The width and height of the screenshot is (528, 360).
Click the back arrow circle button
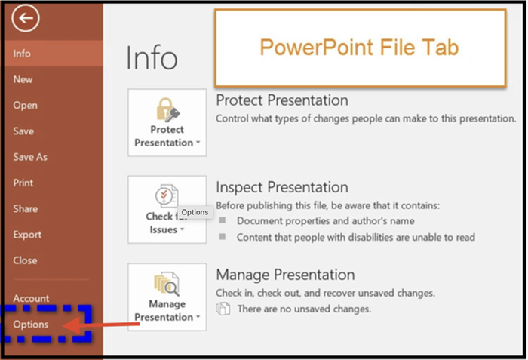(x=26, y=18)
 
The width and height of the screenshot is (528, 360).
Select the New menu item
(x=23, y=79)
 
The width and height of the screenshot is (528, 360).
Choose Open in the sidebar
(x=25, y=106)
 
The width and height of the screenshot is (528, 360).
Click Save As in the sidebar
(x=30, y=157)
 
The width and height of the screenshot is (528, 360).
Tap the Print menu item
(x=23, y=183)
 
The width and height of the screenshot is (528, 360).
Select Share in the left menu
(x=26, y=208)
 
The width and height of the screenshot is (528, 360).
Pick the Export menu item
(x=27, y=235)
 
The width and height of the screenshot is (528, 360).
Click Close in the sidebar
(x=25, y=260)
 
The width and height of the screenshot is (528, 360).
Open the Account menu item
(x=31, y=298)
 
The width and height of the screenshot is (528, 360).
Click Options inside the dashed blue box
(x=31, y=325)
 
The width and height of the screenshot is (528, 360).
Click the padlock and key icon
(x=167, y=109)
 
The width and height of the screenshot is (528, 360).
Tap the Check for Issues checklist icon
(x=167, y=195)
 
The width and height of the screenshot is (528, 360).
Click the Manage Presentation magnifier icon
(x=167, y=284)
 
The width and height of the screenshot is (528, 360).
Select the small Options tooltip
(x=195, y=212)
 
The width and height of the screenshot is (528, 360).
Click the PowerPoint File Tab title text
(x=359, y=47)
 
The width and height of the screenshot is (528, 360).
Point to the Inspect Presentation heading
(x=282, y=187)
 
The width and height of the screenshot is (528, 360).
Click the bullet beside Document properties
(x=223, y=220)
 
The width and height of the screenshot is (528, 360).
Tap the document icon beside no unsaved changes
(x=223, y=309)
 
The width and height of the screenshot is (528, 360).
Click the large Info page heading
(x=152, y=57)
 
